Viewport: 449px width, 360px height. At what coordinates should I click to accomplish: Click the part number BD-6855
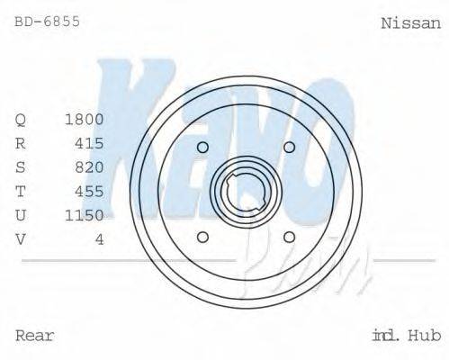coord(48,20)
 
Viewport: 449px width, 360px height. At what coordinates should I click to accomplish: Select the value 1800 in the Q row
coord(85,119)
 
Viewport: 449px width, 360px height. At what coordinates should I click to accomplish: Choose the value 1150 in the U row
coord(85,215)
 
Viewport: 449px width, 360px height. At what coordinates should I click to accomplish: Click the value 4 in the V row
coord(99,238)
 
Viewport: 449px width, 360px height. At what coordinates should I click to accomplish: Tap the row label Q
coord(21,120)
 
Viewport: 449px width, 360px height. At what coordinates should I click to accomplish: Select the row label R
coord(21,143)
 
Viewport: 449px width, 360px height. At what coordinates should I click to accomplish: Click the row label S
coord(21,167)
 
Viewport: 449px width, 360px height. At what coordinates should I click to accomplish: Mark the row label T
coord(21,191)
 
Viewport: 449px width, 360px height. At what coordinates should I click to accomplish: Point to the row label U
coord(21,215)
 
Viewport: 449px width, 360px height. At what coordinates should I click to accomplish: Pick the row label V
coord(21,238)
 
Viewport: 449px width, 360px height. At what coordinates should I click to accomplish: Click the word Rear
coord(35,336)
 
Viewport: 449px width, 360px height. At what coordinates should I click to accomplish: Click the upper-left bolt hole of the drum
coord(202,148)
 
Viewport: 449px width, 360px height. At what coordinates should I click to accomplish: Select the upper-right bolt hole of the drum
coord(289,148)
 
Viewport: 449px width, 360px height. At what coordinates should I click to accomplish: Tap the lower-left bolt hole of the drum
coord(202,237)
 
